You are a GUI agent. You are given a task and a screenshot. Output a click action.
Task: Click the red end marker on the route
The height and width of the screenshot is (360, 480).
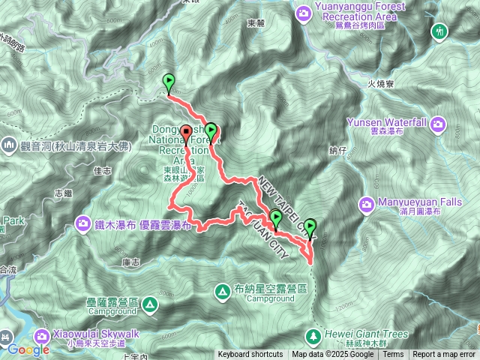coord(186,135)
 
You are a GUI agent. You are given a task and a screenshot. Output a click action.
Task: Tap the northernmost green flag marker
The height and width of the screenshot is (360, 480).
coord(169,82)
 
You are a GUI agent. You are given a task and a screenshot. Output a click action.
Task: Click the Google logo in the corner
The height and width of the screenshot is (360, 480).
coord(28,349)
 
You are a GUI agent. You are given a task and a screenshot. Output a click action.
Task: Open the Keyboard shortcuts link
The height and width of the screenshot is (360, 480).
coord(251,355)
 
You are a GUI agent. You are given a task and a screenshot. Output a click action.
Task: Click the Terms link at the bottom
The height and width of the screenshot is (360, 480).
coord(393,355)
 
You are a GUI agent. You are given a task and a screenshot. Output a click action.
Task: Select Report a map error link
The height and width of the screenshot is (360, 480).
coord(444,355)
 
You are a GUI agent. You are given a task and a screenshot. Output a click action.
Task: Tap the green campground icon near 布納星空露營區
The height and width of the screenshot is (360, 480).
coord(223,290)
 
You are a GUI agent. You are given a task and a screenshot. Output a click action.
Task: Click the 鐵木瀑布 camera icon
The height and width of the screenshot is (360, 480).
coord(84,223)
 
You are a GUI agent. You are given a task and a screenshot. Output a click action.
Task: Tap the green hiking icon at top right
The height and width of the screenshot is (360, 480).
coord(439,31)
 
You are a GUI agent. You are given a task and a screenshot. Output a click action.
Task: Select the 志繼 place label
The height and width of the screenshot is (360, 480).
coord(64,193)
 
